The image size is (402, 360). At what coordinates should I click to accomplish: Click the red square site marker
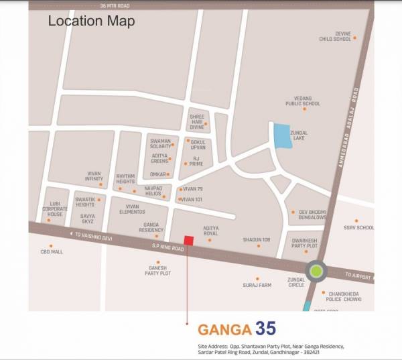189,241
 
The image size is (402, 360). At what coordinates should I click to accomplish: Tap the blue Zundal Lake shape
281,137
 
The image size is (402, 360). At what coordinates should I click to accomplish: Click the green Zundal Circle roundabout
316,272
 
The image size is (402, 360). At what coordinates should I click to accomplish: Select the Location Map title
91,21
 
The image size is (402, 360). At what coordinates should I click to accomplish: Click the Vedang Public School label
303,101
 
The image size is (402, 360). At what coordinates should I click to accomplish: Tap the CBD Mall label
52,252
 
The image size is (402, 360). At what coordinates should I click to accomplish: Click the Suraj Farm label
257,285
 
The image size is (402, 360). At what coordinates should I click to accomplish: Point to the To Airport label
358,276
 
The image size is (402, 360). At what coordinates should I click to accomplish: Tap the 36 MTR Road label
113,5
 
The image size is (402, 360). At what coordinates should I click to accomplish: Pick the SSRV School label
359,227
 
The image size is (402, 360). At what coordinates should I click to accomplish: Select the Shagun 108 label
257,239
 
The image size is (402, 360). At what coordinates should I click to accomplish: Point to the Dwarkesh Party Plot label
306,241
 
